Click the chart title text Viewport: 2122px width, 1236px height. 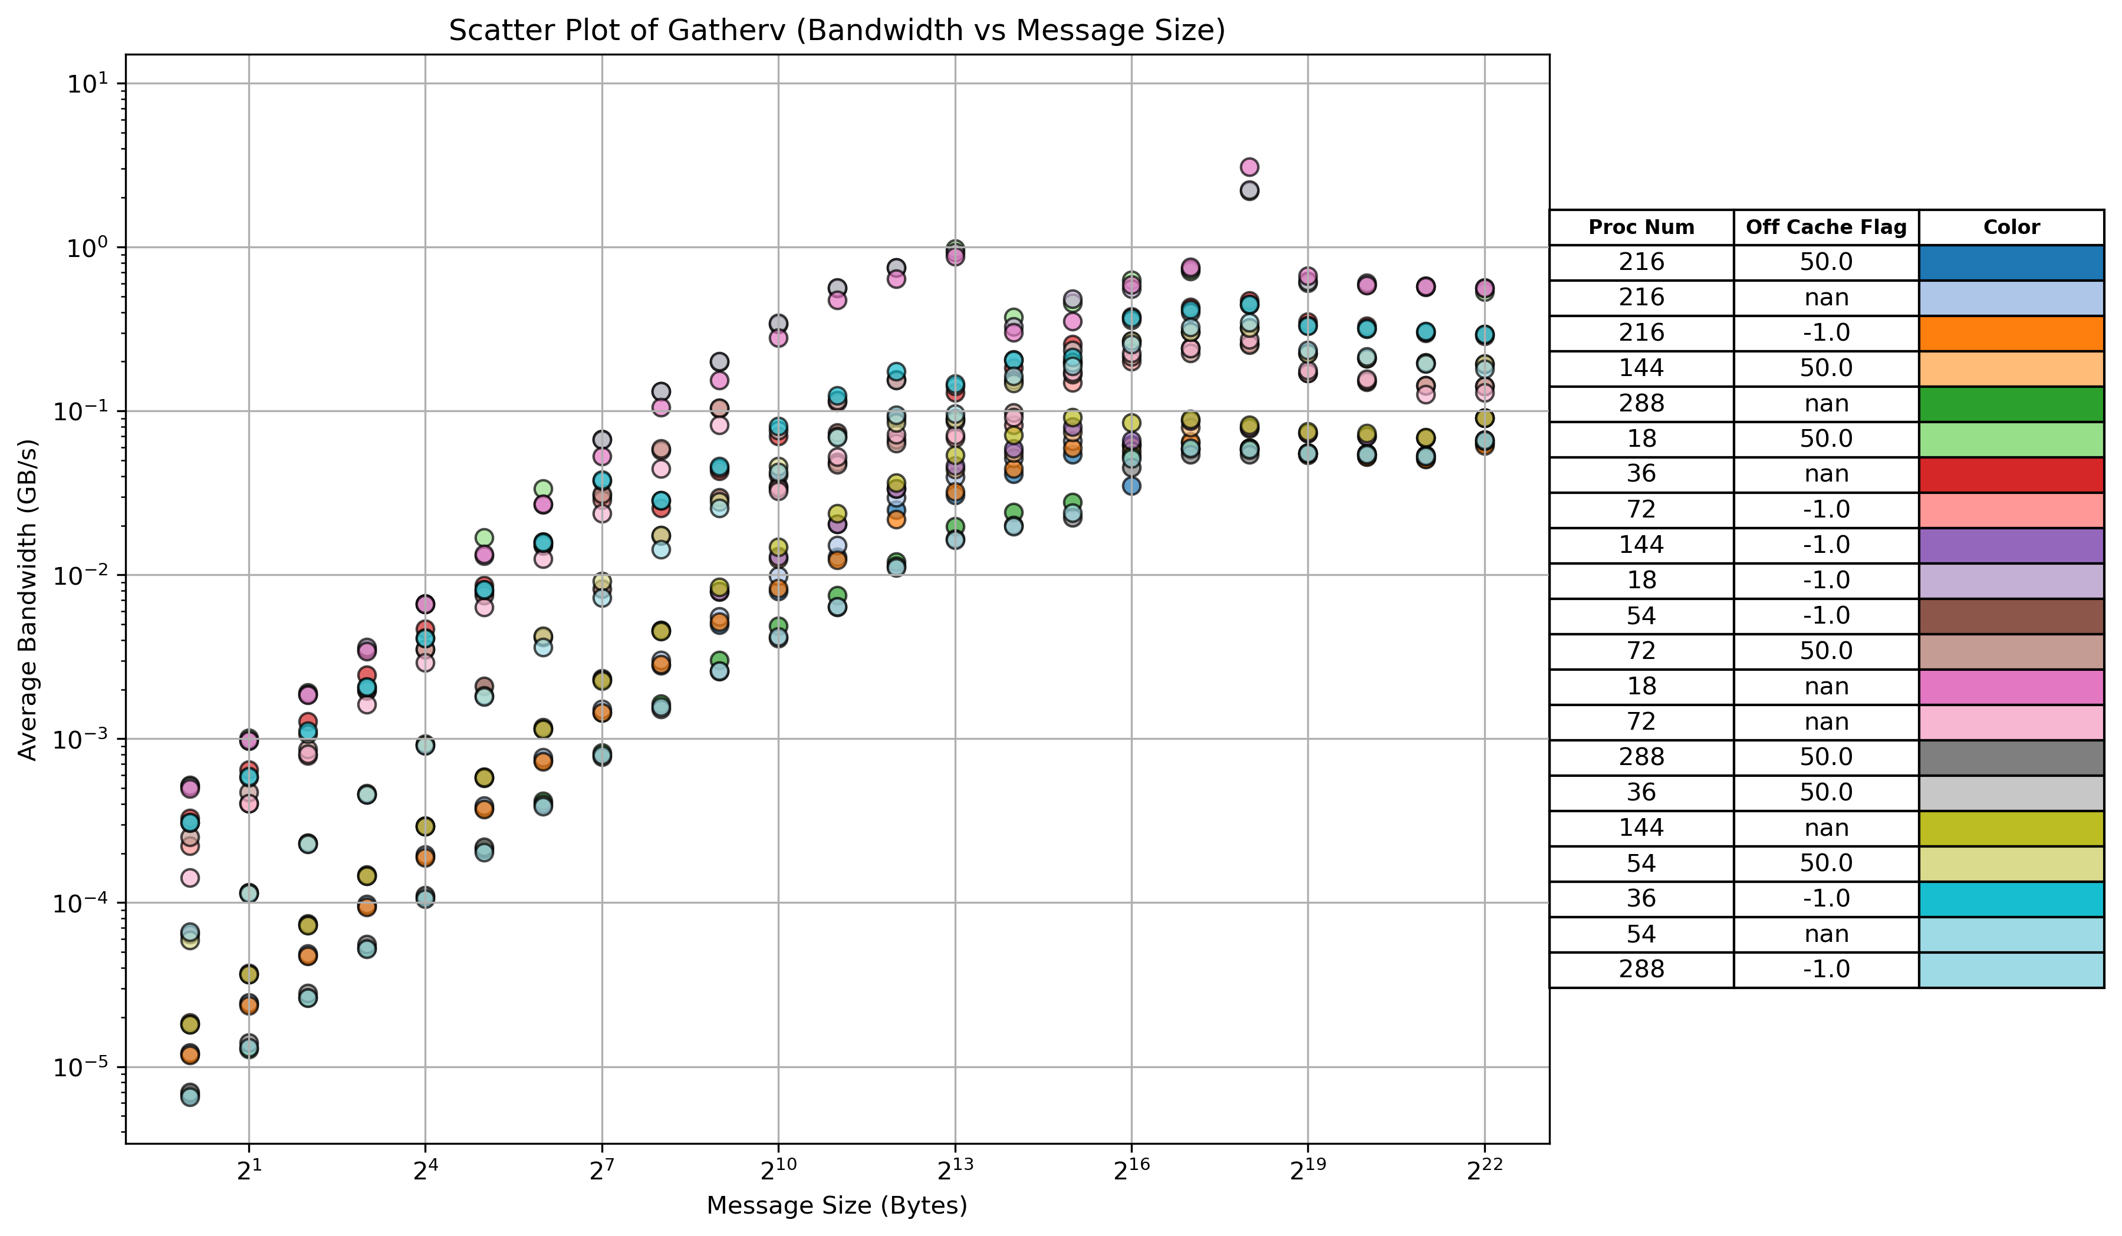(836, 30)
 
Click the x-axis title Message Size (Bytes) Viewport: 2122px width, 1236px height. (836, 1206)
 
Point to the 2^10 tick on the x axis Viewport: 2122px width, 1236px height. (777, 1171)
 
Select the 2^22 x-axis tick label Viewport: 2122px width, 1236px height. (1483, 1171)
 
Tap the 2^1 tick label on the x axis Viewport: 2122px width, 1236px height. (248, 1171)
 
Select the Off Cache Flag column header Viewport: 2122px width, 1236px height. (1825, 228)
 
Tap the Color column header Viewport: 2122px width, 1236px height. (2011, 228)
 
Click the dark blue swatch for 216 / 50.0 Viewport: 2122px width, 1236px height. (2011, 263)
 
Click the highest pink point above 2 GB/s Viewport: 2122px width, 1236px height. (1249, 167)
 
